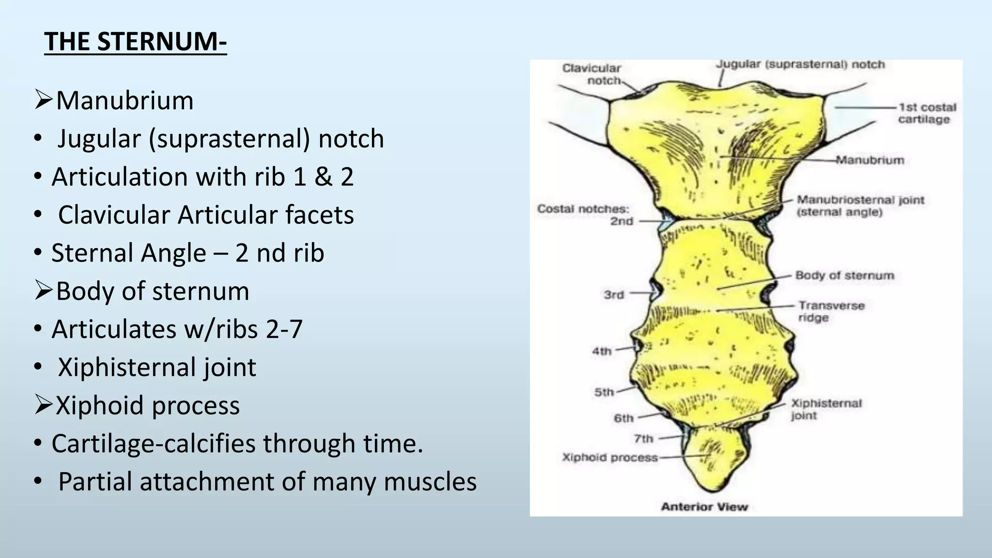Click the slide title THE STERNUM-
[135, 42]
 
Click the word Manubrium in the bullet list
[124, 101]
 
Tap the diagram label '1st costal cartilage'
[927, 113]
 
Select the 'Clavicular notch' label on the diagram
[591, 74]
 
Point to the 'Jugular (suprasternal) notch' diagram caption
[800, 65]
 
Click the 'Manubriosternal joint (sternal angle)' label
[860, 206]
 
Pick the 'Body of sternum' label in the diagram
[844, 276]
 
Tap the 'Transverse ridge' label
[831, 311]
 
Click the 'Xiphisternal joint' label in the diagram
[826, 409]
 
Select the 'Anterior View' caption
[704, 507]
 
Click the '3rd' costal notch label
[614, 294]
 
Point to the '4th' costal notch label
[602, 351]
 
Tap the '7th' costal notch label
[644, 439]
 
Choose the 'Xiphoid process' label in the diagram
[610, 458]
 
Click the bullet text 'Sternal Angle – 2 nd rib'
[187, 253]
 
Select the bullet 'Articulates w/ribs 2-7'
[177, 329]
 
